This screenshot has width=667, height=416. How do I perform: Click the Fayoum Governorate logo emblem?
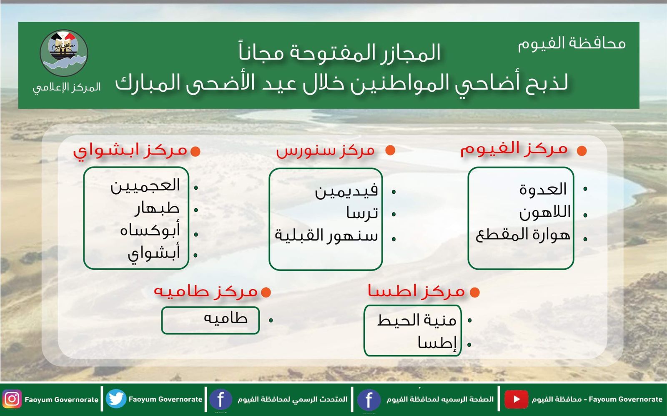[64, 53]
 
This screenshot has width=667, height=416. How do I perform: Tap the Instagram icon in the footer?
[12, 399]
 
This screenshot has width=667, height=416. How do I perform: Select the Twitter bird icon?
[116, 399]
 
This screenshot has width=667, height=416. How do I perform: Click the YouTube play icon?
[516, 399]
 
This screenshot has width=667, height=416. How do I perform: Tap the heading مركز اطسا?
[416, 291]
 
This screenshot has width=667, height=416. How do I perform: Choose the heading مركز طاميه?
[206, 291]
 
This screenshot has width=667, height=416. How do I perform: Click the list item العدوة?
[543, 190]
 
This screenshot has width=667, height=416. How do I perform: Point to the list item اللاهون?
[544, 213]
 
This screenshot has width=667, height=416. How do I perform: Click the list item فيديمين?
[346, 191]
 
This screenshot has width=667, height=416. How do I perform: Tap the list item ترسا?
[362, 213]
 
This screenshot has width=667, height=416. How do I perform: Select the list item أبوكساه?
[150, 230]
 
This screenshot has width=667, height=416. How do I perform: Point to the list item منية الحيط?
[416, 320]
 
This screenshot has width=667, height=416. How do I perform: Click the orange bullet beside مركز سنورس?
[390, 150]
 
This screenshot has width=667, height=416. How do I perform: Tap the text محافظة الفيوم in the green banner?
[572, 43]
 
